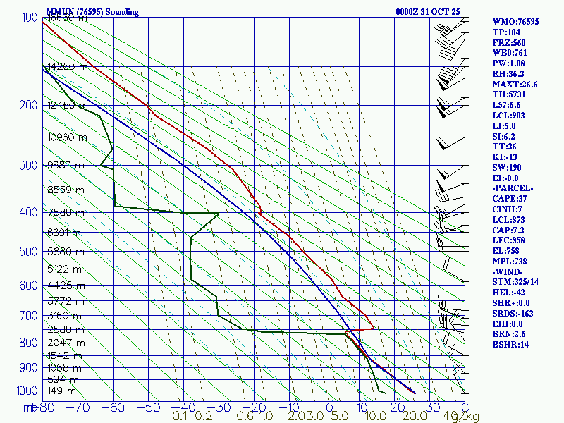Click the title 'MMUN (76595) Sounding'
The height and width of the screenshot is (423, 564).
click(x=92, y=12)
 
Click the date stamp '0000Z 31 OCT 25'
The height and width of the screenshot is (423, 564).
click(x=428, y=12)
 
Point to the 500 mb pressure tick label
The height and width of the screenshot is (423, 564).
click(x=26, y=251)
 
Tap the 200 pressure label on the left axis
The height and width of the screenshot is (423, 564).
click(x=26, y=106)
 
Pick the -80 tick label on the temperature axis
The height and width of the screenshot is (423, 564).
click(x=47, y=407)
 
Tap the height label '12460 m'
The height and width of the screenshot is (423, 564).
click(x=63, y=106)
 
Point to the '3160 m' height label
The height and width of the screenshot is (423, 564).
click(x=61, y=315)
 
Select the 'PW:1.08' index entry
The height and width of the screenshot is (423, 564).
click(x=510, y=63)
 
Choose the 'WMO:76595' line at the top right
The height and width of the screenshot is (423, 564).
click(x=515, y=22)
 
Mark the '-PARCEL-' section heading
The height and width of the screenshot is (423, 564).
click(x=513, y=188)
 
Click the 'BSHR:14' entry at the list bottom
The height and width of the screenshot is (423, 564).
click(x=510, y=345)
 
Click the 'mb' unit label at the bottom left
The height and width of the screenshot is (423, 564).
click(x=30, y=407)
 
